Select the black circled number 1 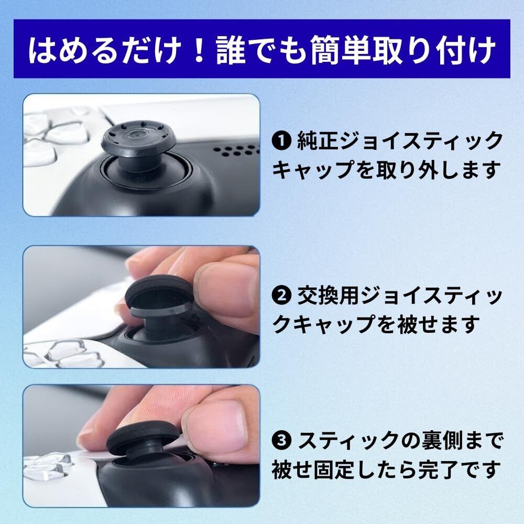pyautogui.click(x=282, y=141)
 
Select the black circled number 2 pyautogui.click(x=282, y=295)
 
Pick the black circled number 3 pyautogui.click(x=282, y=441)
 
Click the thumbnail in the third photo pyautogui.click(x=218, y=426)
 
